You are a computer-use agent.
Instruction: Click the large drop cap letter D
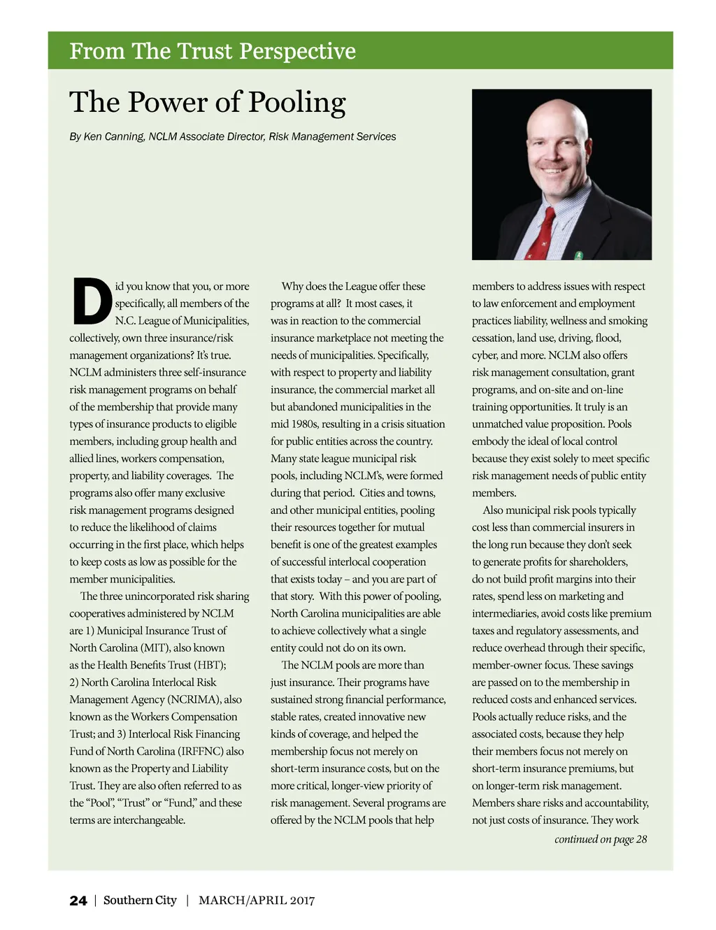[92, 303]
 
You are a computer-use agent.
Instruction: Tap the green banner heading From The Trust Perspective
[213, 51]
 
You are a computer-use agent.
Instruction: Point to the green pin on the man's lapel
[579, 255]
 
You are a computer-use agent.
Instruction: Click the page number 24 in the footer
[78, 901]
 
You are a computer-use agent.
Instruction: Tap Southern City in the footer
[140, 901]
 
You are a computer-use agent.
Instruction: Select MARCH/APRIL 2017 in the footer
[257, 901]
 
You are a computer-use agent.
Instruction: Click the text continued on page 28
[601, 839]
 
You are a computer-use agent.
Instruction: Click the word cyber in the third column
[486, 355]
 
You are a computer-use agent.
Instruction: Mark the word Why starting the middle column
[292, 286]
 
